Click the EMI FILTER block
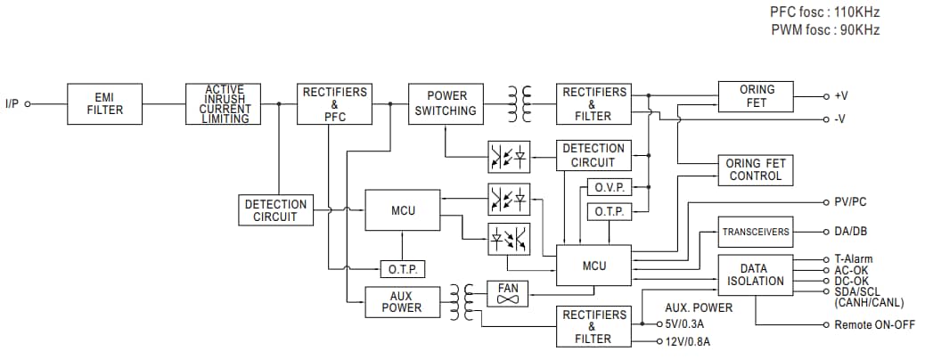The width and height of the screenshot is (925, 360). click(104, 103)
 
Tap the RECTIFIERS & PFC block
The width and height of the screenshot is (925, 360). click(334, 103)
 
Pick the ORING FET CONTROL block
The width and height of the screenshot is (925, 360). click(755, 169)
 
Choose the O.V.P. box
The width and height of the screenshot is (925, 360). click(610, 188)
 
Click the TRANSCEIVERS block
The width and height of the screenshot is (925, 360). click(755, 232)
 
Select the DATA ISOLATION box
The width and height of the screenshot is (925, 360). click(755, 274)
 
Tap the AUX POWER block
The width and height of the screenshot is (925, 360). click(402, 301)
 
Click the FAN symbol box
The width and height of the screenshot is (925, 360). click(509, 294)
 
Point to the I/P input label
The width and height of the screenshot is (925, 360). click(12, 104)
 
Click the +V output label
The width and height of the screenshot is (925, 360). click(840, 95)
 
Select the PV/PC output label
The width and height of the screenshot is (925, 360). click(850, 202)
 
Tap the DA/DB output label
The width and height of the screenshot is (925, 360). click(850, 232)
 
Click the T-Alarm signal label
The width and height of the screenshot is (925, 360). click(853, 259)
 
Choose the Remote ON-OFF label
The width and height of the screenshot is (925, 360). click(874, 325)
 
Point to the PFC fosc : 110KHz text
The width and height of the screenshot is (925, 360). click(825, 13)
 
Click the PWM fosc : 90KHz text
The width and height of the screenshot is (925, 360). click(825, 30)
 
